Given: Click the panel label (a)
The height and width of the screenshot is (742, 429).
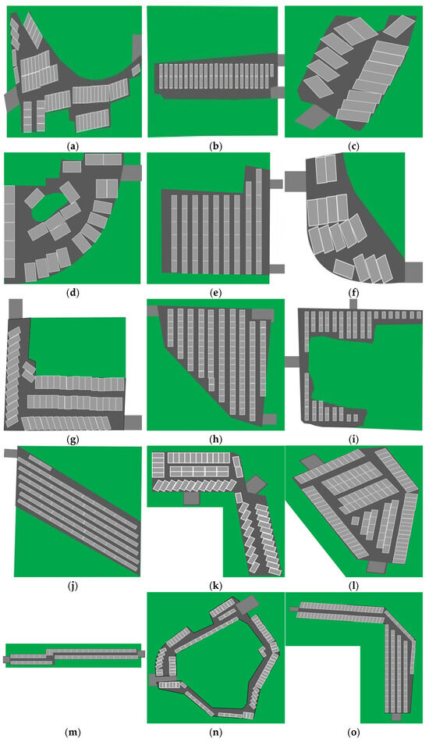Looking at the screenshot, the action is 73,146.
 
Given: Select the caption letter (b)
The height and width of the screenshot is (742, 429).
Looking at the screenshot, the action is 214,146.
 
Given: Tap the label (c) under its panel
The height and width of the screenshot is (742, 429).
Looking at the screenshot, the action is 353,146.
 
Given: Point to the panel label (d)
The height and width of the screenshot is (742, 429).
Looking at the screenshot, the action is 73,292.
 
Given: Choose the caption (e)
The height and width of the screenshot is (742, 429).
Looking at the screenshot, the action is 214,292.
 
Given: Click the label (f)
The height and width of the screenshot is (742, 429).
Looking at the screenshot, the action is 353,292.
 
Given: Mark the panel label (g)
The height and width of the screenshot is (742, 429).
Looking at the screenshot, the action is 73,440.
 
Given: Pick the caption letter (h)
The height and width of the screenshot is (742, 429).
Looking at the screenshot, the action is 214,440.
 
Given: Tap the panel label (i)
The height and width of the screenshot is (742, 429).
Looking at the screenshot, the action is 353,440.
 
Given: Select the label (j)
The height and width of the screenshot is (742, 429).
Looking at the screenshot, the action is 73,587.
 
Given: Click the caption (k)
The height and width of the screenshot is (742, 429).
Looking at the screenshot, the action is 214,587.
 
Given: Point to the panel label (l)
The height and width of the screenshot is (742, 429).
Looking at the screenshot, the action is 353,587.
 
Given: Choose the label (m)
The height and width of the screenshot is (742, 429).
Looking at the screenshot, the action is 73,733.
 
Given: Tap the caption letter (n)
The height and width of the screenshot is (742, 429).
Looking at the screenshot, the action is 214,733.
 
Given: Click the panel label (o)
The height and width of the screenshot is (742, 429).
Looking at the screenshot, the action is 353,733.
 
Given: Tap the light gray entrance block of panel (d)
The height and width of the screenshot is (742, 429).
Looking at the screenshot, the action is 132,173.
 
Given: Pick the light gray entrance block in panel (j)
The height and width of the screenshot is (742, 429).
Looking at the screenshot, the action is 10,453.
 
